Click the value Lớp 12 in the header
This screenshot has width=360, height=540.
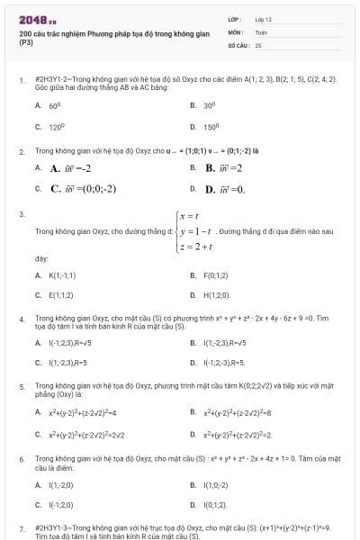pyautogui.click(x=264, y=18)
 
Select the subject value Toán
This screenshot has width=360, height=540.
pyautogui.click(x=261, y=31)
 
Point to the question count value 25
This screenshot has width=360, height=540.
pyautogui.click(x=258, y=43)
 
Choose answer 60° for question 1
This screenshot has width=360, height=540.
pyautogui.click(x=54, y=105)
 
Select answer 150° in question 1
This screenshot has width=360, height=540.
pyautogui.click(x=211, y=127)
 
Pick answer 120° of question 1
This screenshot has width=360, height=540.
pyautogui.click(x=56, y=127)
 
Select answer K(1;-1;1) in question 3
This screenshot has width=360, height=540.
pyautogui.click(x=62, y=274)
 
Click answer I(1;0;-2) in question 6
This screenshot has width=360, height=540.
pyautogui.click(x=217, y=484)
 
